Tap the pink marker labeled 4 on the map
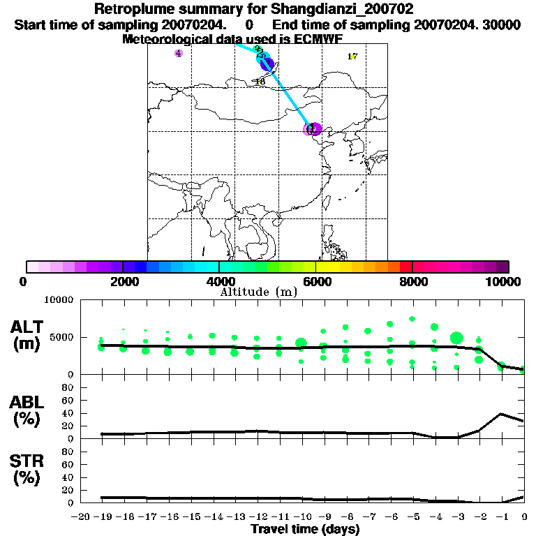(x=179, y=53)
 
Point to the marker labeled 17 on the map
(x=352, y=57)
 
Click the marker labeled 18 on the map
(x=260, y=81)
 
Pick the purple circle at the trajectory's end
(x=313, y=128)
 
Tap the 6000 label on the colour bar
(x=315, y=281)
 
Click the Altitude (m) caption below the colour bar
(x=259, y=292)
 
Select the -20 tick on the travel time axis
(x=81, y=517)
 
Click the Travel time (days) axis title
(x=305, y=530)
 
